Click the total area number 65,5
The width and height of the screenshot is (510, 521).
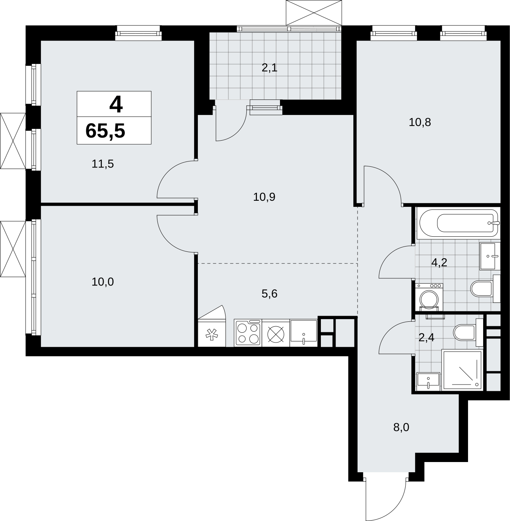[x=105, y=131]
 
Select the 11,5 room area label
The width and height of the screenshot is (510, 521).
[x=103, y=164]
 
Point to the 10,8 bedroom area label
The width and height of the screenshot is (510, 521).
[x=420, y=122]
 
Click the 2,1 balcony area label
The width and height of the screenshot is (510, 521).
[x=269, y=68]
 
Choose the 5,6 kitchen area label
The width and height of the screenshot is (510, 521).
[x=269, y=294]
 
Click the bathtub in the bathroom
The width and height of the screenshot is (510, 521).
[x=459, y=223]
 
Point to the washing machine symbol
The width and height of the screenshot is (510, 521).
[x=429, y=298]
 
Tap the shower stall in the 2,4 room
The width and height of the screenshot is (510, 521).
[x=462, y=370]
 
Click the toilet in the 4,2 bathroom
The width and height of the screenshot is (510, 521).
[x=485, y=288]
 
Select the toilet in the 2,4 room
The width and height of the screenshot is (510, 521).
[x=468, y=332]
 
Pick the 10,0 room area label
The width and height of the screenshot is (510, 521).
[x=103, y=282]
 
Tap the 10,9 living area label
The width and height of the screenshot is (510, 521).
[x=264, y=197]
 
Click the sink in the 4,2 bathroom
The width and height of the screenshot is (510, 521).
[x=490, y=256]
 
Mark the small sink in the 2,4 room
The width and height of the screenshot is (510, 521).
[x=428, y=381]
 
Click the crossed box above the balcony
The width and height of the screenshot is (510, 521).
[x=314, y=12]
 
